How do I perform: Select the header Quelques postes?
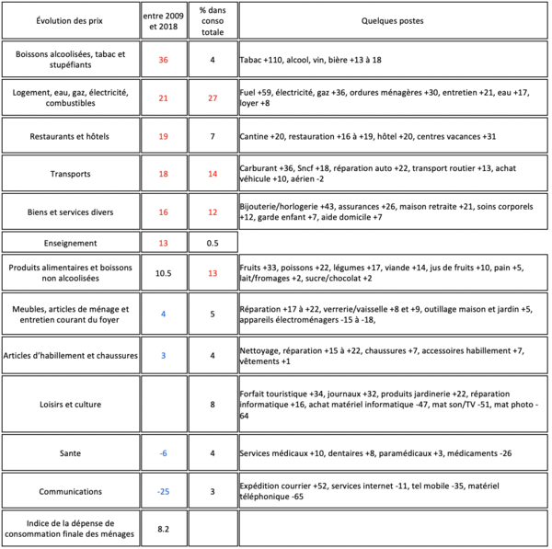(392, 20)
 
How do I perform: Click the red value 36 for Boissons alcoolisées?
(164, 60)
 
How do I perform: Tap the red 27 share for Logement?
(213, 97)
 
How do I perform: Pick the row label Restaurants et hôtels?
(70, 136)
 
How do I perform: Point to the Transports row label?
(70, 174)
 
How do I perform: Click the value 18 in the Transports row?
(164, 174)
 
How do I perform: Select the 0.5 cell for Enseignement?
(213, 243)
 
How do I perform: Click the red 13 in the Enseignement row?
(164, 243)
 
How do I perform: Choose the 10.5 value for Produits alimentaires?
(164, 273)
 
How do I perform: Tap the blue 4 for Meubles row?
(164, 314)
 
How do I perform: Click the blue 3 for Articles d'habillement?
(164, 354)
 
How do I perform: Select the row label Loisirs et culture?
(70, 403)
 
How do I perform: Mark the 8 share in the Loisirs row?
(213, 403)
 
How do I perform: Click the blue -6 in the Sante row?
(164, 453)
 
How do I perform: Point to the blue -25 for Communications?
(164, 492)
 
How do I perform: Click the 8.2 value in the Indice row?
(164, 530)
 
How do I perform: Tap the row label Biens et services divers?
(70, 212)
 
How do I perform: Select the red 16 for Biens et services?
(164, 212)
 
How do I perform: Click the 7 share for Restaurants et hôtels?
(213, 136)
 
